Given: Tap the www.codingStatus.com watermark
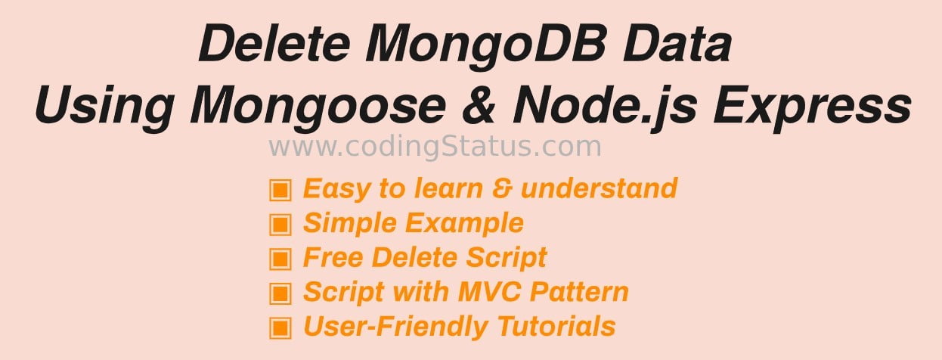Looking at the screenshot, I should pos(435,146).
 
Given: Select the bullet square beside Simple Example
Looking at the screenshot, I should pos(280,225).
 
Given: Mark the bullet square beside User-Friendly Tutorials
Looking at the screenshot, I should pos(280,328).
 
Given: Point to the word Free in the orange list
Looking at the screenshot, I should pos(333,257).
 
